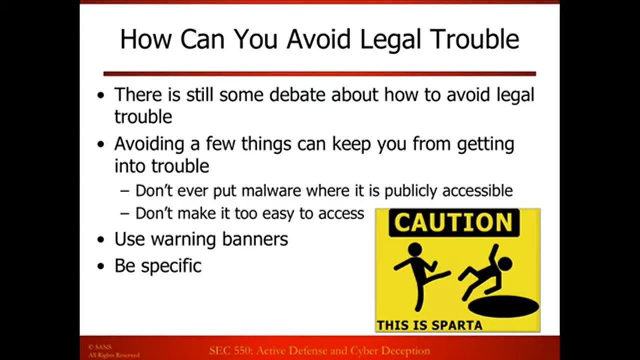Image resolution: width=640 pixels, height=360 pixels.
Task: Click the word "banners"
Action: point(255,239)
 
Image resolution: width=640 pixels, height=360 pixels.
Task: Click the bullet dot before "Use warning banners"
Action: point(102,240)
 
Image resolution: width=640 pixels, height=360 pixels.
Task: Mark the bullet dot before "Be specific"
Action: point(102,267)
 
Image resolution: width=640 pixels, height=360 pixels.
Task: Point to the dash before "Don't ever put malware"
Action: point(125,191)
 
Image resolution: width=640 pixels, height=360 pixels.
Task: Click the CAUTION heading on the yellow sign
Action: point(454,223)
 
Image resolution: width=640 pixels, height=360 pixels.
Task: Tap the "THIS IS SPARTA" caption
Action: point(429,326)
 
